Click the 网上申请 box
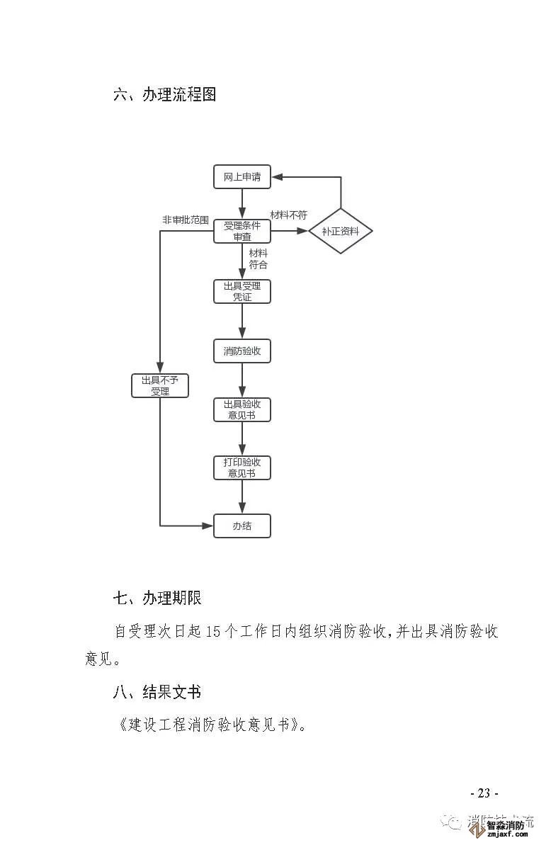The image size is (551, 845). point(242,177)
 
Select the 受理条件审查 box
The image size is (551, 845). point(242,232)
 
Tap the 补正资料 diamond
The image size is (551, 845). point(341,232)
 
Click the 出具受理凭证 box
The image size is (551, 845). point(242,292)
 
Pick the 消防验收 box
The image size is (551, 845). point(242,351)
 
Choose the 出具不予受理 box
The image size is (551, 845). point(160,385)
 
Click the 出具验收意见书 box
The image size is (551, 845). point(242,409)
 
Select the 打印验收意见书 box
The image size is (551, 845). point(242,467)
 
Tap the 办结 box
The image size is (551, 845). point(242,526)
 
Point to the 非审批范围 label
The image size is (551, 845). point(186,220)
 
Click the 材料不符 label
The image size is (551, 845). point(288,215)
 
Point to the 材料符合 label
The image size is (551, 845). point(258,259)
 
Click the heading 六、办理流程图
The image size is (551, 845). point(164,94)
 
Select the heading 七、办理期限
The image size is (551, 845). point(157,598)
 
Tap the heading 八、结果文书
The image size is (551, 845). point(157,691)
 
